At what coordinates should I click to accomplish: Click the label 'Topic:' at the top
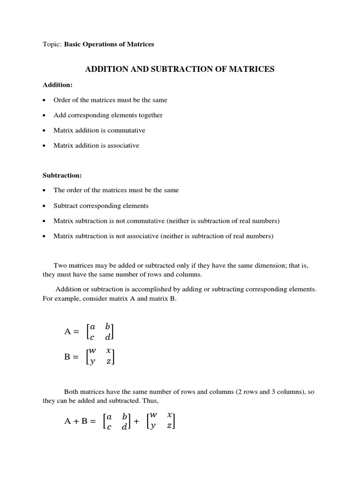(52, 45)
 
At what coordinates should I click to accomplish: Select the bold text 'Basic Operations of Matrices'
(109, 45)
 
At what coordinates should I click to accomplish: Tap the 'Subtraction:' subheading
(62, 175)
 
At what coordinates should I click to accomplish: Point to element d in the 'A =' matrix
(108, 337)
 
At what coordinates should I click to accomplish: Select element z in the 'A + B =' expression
(169, 426)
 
